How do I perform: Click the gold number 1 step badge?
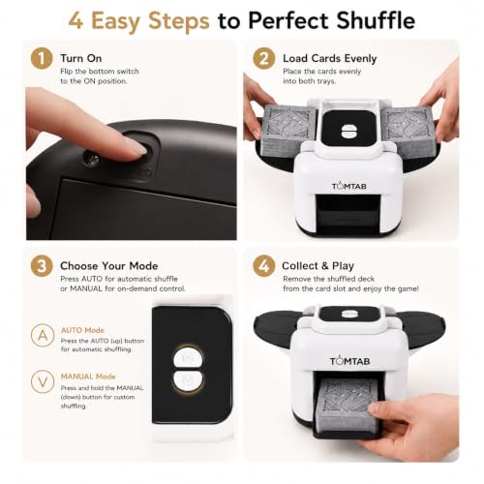click(42, 58)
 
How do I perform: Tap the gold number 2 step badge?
click(264, 58)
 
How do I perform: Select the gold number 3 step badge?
click(42, 266)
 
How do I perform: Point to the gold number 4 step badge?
click(264, 266)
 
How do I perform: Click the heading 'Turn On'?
click(81, 58)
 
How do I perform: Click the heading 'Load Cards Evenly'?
click(330, 58)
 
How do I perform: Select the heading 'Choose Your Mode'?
click(109, 266)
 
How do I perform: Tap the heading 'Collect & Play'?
click(318, 266)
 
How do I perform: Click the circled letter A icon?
click(43, 336)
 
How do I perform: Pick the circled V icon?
click(43, 381)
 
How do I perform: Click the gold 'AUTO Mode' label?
click(82, 330)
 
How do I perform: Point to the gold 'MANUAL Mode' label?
click(88, 377)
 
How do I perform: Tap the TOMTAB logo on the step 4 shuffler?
click(349, 361)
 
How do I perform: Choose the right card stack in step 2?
click(408, 127)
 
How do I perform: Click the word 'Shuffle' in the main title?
click(376, 20)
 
